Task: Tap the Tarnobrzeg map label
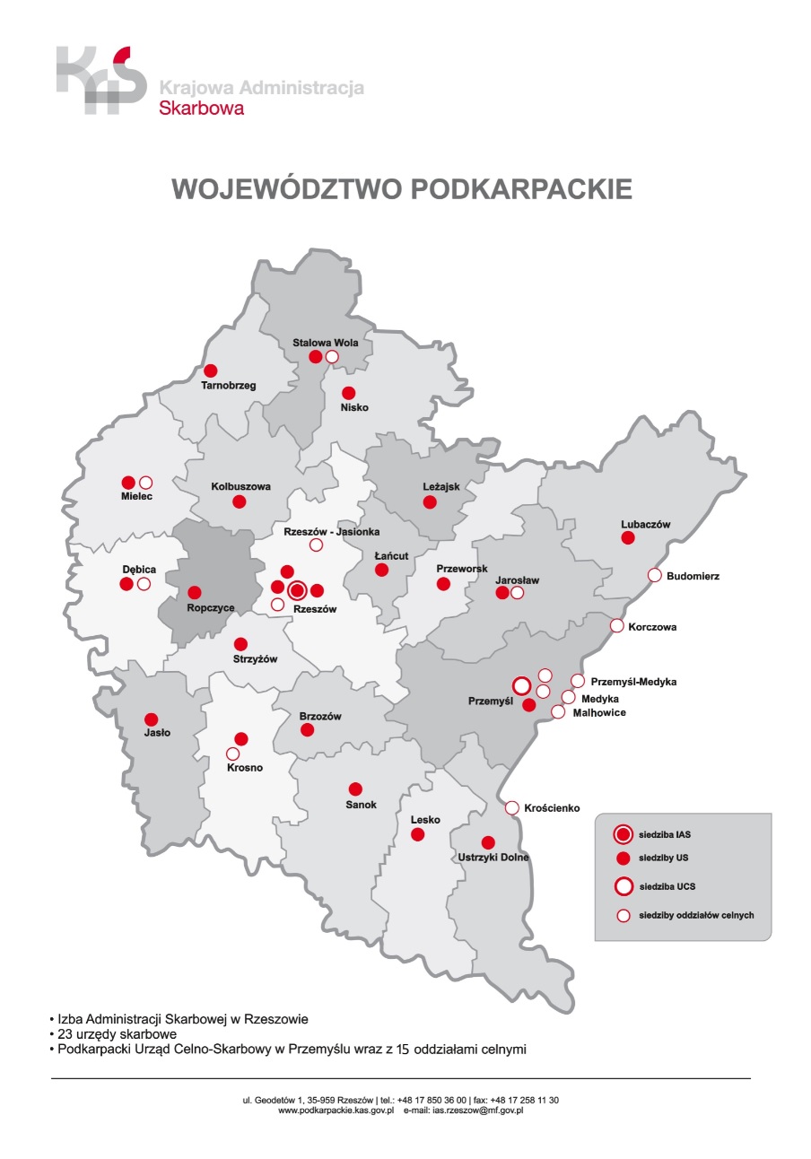[x=229, y=386]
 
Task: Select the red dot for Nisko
[x=349, y=393]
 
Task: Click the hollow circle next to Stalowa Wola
[x=332, y=357]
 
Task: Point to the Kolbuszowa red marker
[x=239, y=501]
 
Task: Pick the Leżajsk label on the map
[x=440, y=487]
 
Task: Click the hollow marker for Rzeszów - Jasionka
[x=316, y=545]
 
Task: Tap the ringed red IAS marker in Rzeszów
[x=298, y=589]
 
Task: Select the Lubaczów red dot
[x=628, y=537]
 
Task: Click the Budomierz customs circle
[x=655, y=575]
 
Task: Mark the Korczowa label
[x=653, y=627]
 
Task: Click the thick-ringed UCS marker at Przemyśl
[x=521, y=686]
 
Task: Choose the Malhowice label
[x=598, y=713]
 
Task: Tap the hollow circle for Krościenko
[x=512, y=808]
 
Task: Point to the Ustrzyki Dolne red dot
[x=488, y=842]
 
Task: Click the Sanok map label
[x=361, y=805]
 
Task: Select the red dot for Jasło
[x=152, y=719]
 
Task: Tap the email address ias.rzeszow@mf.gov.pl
[x=478, y=1111]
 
